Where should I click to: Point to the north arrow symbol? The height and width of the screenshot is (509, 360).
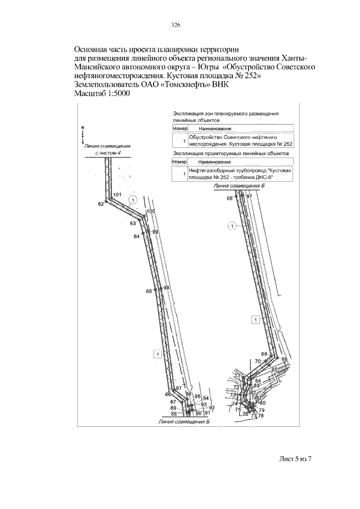pyautogui.click(x=82, y=132)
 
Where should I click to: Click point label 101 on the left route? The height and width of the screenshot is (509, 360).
pyautogui.click(x=117, y=195)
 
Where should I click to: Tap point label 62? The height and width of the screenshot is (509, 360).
pyautogui.click(x=101, y=204)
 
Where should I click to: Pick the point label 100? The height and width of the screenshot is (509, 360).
pyautogui.click(x=150, y=211)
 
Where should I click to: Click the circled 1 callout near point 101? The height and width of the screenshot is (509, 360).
pyautogui.click(x=133, y=200)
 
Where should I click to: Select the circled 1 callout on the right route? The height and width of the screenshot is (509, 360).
pyautogui.click(x=231, y=226)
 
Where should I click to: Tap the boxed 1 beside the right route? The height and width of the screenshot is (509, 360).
pyautogui.click(x=255, y=320)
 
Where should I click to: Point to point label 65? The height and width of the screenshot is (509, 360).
pyautogui.click(x=149, y=291)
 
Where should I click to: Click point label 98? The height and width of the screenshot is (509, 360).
pyautogui.click(x=166, y=287)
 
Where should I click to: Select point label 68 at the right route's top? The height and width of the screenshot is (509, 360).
pyautogui.click(x=229, y=199)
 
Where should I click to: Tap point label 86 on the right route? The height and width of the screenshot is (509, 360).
pyautogui.click(x=285, y=359)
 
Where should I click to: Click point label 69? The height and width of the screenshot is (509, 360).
pyautogui.click(x=264, y=354)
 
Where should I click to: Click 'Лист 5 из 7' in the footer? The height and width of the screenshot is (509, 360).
pyautogui.click(x=295, y=459)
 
